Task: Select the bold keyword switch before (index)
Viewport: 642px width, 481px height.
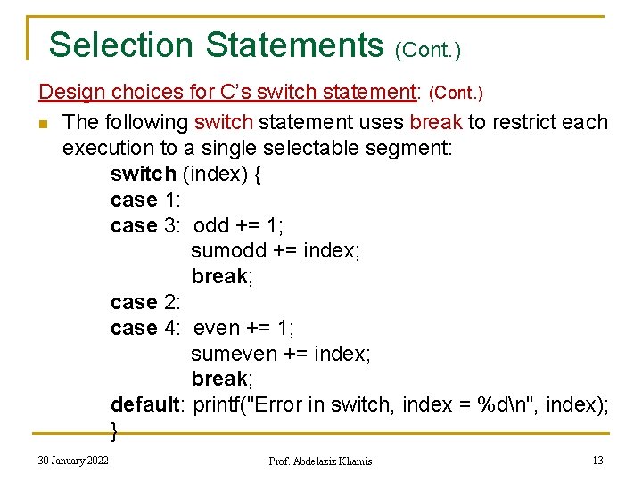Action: (x=143, y=174)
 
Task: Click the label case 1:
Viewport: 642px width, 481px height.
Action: (x=146, y=200)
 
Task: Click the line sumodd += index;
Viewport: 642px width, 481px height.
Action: (x=276, y=251)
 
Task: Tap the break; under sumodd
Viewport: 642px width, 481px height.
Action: (x=222, y=276)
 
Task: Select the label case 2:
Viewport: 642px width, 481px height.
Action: (x=146, y=303)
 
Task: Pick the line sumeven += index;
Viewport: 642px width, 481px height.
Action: (x=281, y=354)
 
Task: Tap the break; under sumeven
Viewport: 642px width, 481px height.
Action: (x=222, y=379)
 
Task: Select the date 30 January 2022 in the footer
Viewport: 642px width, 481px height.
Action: (x=74, y=460)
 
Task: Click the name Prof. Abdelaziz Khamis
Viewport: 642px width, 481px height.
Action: (x=320, y=461)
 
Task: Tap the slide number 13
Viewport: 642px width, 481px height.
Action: (x=597, y=460)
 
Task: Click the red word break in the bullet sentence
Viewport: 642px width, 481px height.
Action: (x=435, y=122)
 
